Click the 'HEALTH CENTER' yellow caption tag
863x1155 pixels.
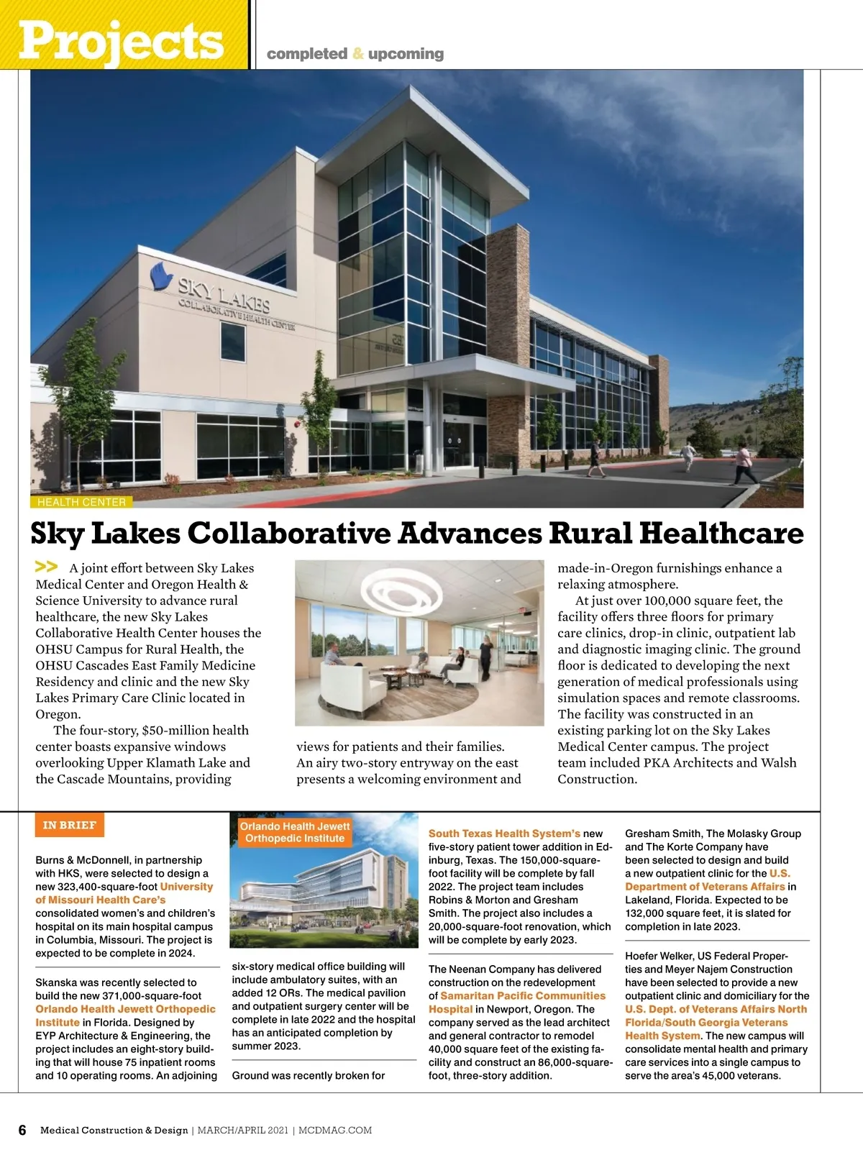click(81, 502)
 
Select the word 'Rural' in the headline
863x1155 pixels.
click(590, 533)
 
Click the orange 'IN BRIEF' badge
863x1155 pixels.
click(69, 825)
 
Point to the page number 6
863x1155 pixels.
click(22, 1130)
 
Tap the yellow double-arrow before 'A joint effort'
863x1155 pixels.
click(47, 567)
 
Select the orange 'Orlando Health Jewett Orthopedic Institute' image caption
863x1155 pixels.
click(295, 832)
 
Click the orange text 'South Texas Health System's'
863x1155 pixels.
click(504, 834)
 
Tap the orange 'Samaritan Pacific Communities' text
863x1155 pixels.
click(523, 996)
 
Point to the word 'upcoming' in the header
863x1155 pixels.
click(406, 54)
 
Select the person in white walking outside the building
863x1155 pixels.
click(688, 455)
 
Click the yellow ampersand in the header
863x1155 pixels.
click(358, 54)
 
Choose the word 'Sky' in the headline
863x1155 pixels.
click(55, 533)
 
